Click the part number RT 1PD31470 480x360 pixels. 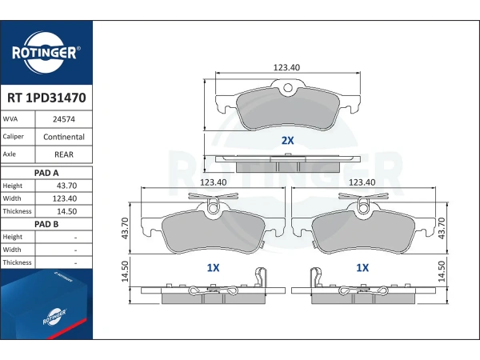tap(46, 98)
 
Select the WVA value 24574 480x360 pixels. tap(64, 119)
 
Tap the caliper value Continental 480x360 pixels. tap(64, 137)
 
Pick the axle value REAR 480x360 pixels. tap(64, 154)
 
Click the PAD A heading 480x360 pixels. tap(46, 173)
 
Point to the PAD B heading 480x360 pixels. tap(46, 224)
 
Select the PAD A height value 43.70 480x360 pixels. tap(66, 186)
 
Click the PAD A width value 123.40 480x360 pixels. tap(65, 198)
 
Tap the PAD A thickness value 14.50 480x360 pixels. tap(66, 211)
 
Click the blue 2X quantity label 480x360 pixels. tap(287, 141)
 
